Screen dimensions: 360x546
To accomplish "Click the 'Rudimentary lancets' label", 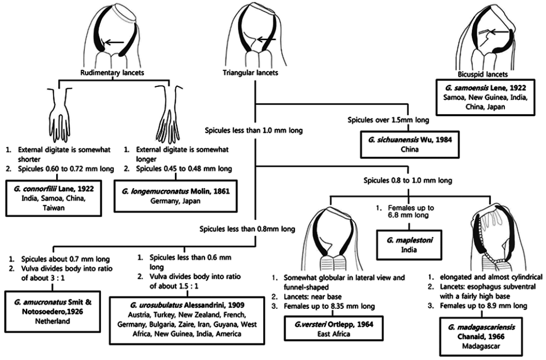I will [108, 72].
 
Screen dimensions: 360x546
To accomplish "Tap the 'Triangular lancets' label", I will [247, 72].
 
